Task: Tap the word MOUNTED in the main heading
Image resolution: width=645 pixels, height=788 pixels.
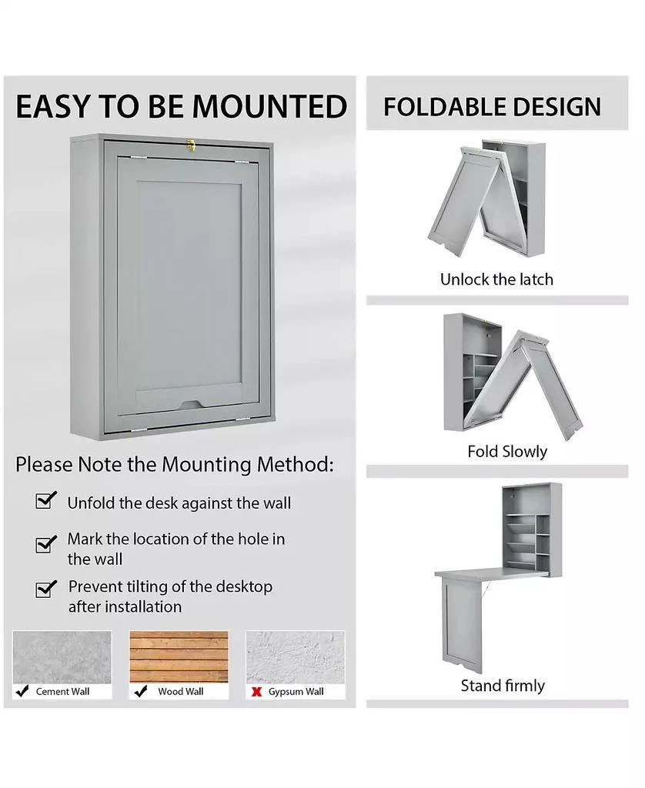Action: pos(269,107)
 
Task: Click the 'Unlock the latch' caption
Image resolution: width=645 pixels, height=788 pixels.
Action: pos(496,279)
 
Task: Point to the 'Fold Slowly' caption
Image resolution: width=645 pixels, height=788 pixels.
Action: pos(507,452)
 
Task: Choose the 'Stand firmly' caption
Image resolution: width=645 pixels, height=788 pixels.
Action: pos(503,686)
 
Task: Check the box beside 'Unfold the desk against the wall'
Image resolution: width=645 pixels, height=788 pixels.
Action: pos(46,501)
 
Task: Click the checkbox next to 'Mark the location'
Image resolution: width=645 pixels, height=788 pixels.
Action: pos(46,544)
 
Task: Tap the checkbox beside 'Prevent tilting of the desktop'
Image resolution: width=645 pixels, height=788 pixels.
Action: pos(46,589)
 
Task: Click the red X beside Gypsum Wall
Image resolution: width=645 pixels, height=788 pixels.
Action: pos(257,692)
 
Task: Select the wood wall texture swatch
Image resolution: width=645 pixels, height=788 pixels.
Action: pos(179,656)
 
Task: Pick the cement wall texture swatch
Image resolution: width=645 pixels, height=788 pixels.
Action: pos(62,656)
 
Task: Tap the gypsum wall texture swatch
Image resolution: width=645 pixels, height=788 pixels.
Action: pos(296,656)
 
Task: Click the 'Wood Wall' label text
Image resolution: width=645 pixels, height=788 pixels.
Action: pos(181,692)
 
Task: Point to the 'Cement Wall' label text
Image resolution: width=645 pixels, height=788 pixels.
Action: pos(62,692)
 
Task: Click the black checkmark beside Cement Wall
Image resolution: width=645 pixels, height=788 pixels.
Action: pos(23,691)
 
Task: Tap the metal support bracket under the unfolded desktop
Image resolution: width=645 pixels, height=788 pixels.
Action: pos(486,590)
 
